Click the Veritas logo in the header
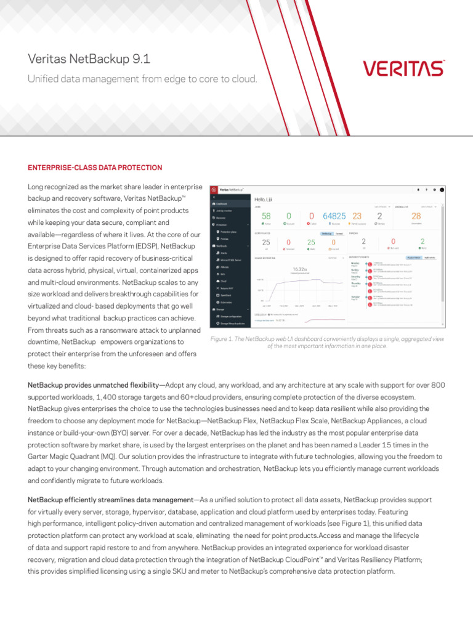point(403,68)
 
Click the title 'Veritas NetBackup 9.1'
point(89,59)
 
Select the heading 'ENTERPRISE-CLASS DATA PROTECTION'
point(95,168)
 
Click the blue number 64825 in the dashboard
point(335,216)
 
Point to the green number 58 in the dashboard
point(266,216)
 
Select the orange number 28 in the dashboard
point(416,216)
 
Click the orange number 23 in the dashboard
point(357,216)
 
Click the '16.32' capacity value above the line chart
point(298,269)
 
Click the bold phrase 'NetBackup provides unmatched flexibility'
point(92,385)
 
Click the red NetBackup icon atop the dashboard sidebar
point(214,189)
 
